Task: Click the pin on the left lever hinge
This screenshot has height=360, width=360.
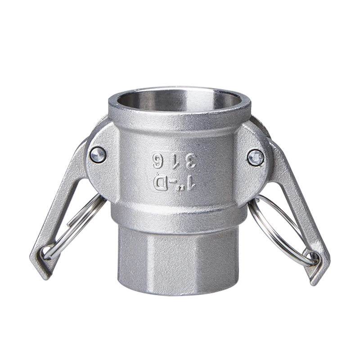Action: click(98, 154)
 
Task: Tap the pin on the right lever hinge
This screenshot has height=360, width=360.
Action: click(256, 157)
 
